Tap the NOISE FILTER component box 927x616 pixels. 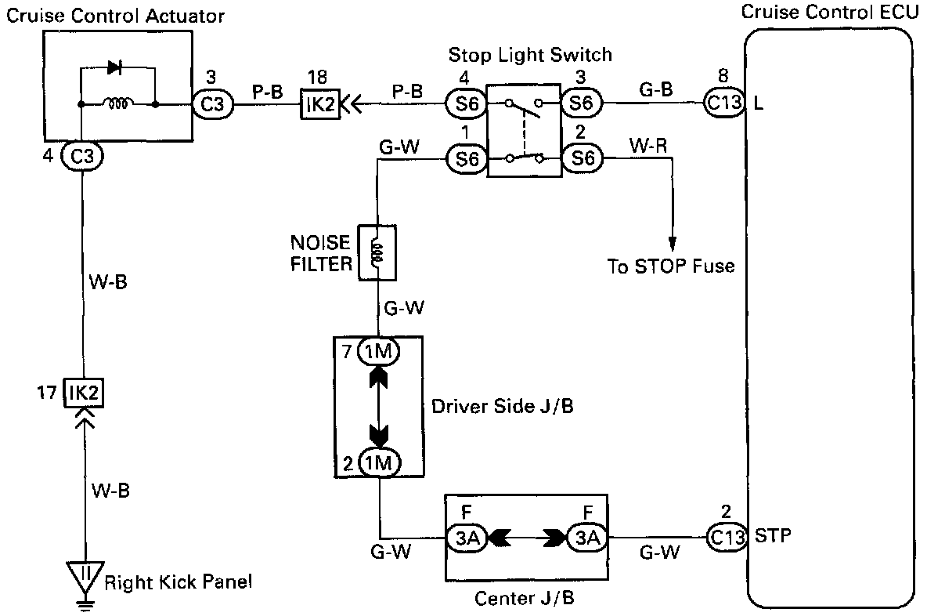[377, 252]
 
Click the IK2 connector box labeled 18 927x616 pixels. [320, 104]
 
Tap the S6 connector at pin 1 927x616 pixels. [467, 159]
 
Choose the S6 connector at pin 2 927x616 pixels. [582, 159]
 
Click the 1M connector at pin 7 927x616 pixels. [378, 353]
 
